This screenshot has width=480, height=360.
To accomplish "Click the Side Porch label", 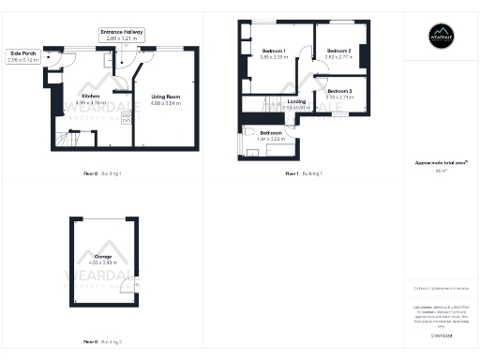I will (24, 52).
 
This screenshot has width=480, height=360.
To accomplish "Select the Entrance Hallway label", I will (122, 31).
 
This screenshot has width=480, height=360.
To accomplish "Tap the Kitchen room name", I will (91, 96).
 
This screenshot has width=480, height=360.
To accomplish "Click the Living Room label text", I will (165, 96).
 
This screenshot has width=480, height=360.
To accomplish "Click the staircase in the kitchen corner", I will (68, 139).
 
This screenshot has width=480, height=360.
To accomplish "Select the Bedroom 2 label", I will (338, 50).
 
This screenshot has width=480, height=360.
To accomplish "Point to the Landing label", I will (296, 100).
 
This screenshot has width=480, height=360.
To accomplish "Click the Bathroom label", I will (272, 132).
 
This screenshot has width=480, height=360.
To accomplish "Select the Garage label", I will (103, 256).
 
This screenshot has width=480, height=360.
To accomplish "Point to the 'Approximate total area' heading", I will (441, 162).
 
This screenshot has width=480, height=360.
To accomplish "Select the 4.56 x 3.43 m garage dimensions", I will (103, 263).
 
